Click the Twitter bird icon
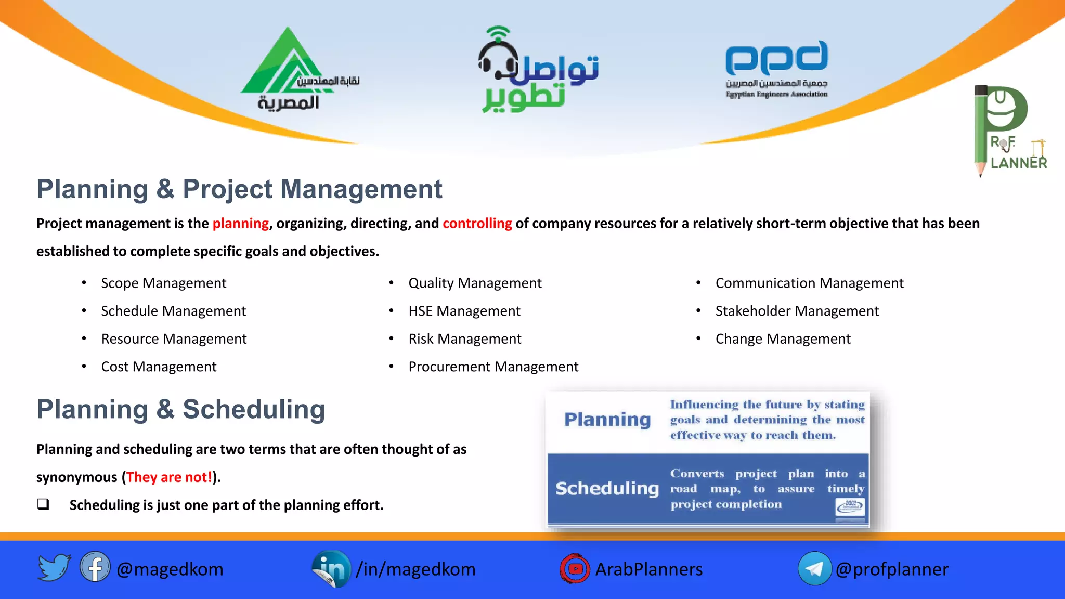pos(54,567)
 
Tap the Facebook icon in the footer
pos(95,567)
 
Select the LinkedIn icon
pos(331,569)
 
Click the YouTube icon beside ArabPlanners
pos(575,568)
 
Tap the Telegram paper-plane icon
pos(814,569)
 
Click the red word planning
pos(240,224)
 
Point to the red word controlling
pos(477,224)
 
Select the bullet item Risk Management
pos(464,339)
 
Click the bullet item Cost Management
pos(159,367)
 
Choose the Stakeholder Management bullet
pos(797,311)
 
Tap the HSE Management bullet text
pos(464,311)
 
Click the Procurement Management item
pos(493,367)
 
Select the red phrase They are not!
pos(169,477)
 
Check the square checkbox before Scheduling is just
pos(43,504)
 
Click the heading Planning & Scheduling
pos(180,410)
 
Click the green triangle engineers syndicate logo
pos(286,65)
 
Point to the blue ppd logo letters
pos(776,58)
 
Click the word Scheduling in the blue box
pos(607,489)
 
